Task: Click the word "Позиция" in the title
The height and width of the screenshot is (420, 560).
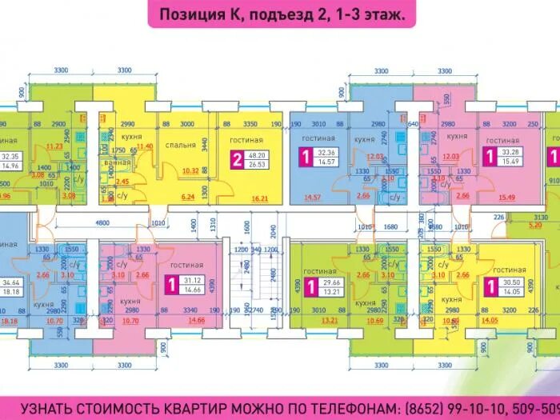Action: (x=188, y=14)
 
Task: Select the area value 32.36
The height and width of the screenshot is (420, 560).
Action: (x=326, y=152)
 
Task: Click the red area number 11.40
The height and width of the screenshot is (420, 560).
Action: (x=145, y=146)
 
